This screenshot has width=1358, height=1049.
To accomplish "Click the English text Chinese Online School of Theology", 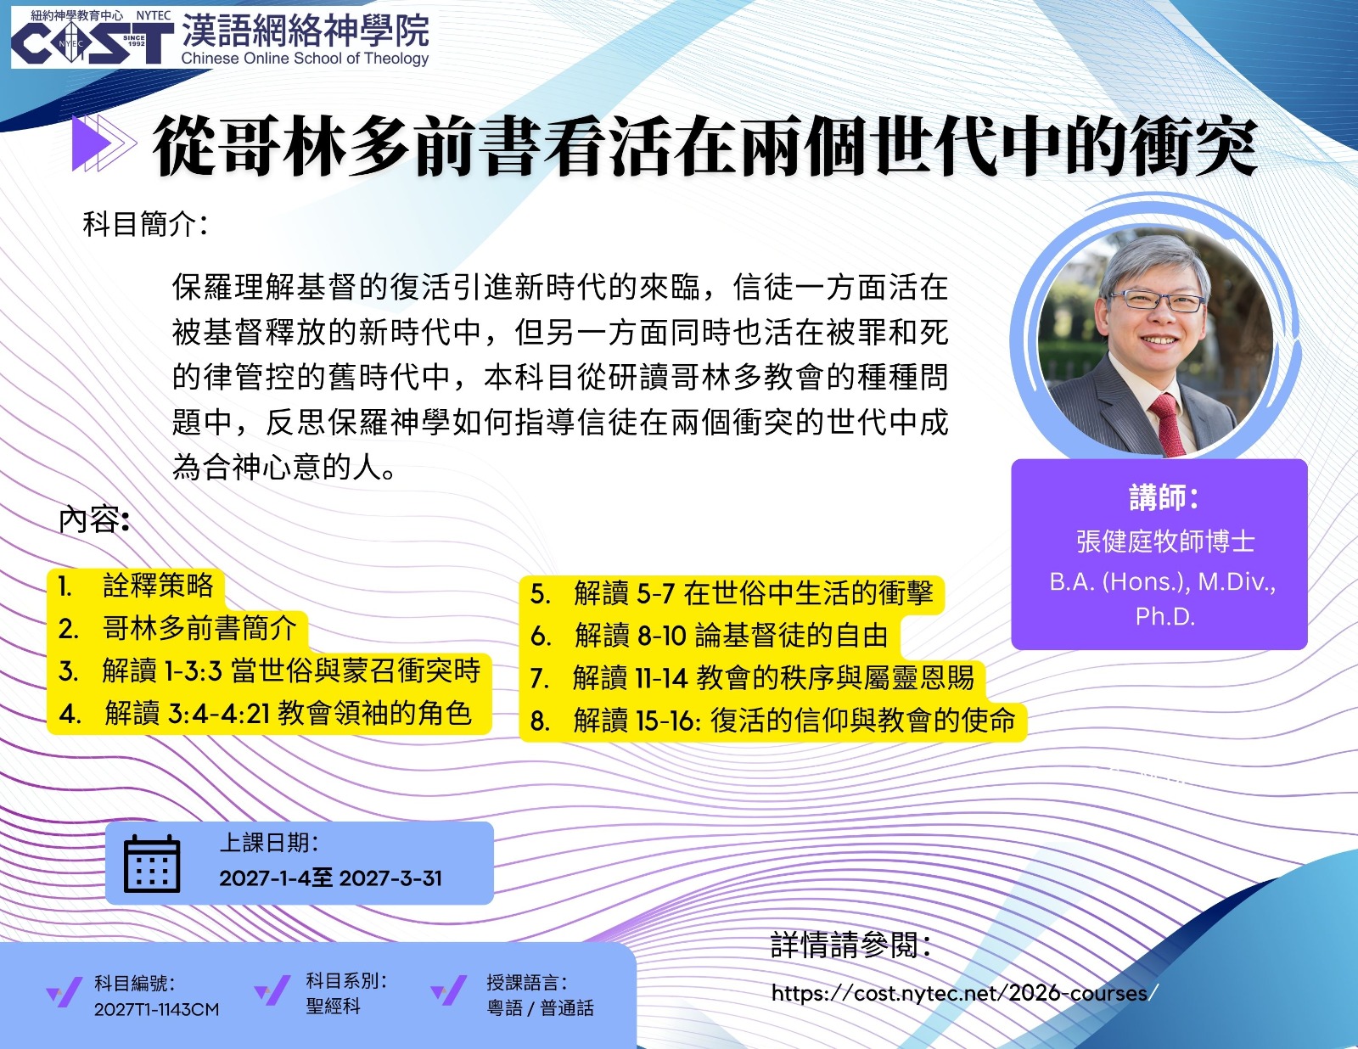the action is [x=305, y=59].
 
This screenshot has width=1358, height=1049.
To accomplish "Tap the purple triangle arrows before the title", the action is [x=104, y=143].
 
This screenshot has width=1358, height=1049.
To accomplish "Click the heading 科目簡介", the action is [x=144, y=224].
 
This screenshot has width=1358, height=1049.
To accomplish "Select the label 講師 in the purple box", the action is [x=1164, y=497].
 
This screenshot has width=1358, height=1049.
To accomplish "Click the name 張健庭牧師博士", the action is [x=1165, y=541].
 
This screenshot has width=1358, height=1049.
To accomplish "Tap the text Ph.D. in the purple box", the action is [x=1164, y=617].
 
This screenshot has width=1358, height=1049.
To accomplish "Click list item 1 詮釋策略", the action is [x=136, y=586].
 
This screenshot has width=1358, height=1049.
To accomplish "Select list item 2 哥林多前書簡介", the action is [x=177, y=628].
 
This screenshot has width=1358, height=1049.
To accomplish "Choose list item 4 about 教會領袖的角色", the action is [x=266, y=713].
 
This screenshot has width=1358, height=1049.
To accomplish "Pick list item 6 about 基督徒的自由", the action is [x=709, y=636].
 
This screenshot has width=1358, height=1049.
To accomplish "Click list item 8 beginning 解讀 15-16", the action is [x=772, y=721].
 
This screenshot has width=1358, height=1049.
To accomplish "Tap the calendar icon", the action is [x=152, y=863].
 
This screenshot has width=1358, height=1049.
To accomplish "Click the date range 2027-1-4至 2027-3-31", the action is [x=331, y=878].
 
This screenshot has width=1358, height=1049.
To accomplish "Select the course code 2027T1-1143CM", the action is [x=156, y=1010].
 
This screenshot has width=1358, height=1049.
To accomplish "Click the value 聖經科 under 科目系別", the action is [x=333, y=1006].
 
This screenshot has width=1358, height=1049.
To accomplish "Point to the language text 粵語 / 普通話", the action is [x=540, y=1007].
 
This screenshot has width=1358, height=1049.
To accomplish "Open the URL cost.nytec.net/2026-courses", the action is [x=965, y=993].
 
